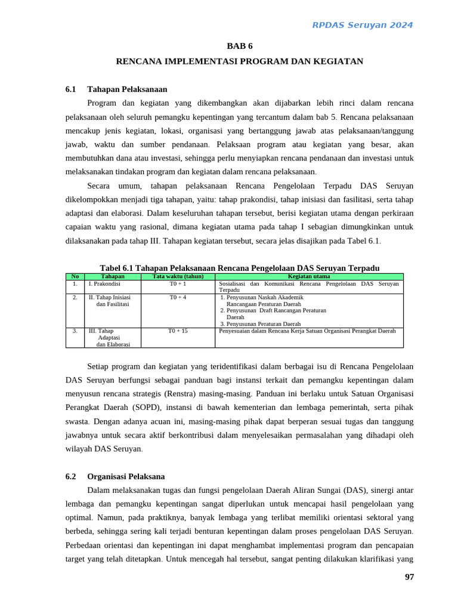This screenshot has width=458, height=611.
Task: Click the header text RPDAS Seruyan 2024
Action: click(363, 25)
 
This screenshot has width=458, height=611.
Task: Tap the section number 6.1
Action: click(71, 90)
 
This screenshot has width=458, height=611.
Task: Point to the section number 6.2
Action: click(71, 477)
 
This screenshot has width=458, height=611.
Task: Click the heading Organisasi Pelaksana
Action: click(126, 477)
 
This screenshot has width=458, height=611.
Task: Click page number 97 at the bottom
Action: click(409, 577)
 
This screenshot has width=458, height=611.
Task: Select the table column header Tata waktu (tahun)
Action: click(178, 276)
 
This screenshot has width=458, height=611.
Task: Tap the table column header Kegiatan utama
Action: click(309, 276)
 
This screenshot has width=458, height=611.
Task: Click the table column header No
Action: click(75, 276)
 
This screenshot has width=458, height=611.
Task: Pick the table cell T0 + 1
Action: click(178, 284)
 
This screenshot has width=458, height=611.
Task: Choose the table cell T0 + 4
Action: click(178, 297)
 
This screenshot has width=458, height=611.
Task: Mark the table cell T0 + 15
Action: click(178, 331)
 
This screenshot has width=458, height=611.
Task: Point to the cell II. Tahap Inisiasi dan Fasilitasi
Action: click(110, 300)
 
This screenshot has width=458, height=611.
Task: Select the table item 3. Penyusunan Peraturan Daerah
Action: click(260, 323)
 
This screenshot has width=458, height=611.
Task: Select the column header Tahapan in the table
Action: click(113, 276)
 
